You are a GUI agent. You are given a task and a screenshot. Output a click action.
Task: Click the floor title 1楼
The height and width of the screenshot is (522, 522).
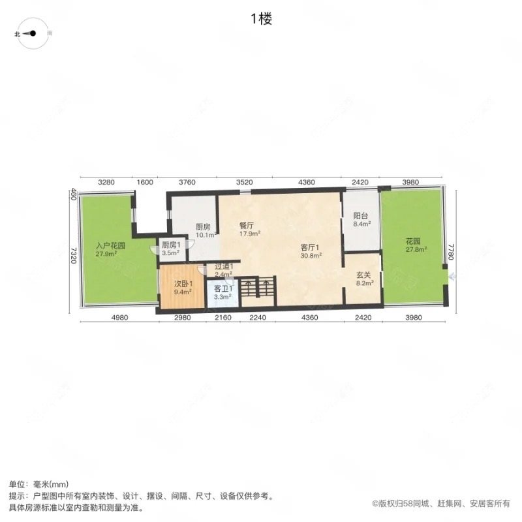coord(260,19)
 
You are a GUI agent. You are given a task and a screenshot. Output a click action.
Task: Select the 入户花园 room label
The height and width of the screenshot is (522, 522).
coord(108,250)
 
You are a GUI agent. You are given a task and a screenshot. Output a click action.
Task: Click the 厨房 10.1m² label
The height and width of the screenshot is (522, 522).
coord(204,230)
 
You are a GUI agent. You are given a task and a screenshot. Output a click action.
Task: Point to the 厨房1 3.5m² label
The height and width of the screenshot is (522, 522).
coord(171,248)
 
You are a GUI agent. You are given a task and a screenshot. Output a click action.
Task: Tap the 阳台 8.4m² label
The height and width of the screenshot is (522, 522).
coord(361,219)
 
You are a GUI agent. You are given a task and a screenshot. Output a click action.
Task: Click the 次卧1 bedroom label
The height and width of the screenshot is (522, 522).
coord(182,288)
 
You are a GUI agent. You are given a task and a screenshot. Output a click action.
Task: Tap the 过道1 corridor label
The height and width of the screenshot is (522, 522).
coord(224,270)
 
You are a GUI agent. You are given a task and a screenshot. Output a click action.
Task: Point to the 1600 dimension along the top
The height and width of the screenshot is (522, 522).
coord(145,182)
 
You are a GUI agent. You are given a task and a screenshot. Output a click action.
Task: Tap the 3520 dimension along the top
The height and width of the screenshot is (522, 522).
coord(245,182)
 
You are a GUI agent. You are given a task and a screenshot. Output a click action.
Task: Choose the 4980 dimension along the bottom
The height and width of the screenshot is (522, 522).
coord(117,318)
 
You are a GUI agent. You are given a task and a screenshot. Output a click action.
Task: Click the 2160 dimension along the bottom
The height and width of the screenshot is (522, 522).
coord(223,318)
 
